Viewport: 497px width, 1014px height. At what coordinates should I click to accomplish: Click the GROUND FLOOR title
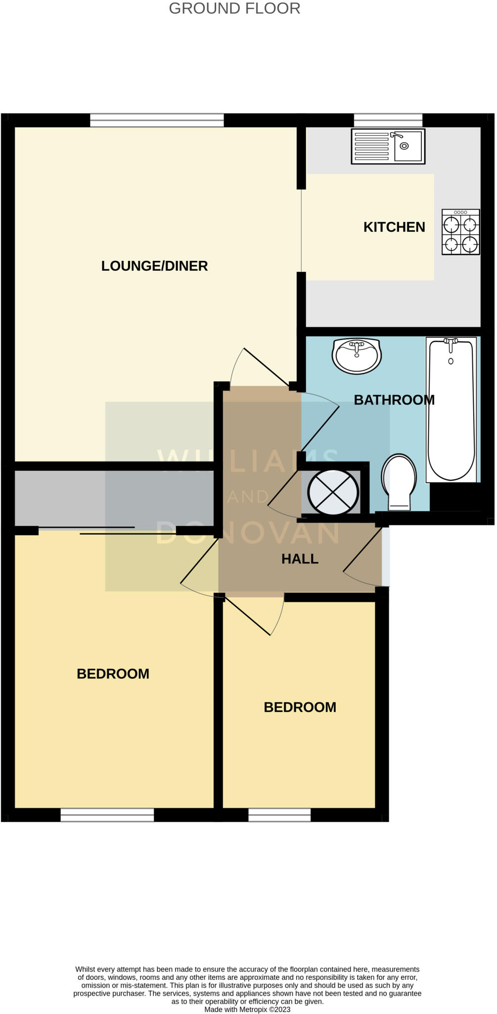point(234,8)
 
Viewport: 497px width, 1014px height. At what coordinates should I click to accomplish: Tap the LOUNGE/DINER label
point(154,266)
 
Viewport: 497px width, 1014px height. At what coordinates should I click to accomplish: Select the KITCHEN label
point(394,227)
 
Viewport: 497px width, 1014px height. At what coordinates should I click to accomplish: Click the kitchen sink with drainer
point(388,146)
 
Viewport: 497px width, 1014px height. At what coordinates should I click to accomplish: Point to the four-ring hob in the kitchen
point(460,232)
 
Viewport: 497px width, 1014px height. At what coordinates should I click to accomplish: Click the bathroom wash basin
point(356,355)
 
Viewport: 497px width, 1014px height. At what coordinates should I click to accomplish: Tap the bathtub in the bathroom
point(451,409)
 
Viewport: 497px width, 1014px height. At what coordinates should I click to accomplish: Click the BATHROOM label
point(394,400)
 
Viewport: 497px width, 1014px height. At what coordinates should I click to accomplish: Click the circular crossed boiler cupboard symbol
point(333,492)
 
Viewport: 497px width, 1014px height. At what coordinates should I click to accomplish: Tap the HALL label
point(300,559)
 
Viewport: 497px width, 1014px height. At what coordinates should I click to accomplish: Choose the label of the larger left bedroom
point(113,674)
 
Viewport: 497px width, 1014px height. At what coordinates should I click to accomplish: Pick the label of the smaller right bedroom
point(300,708)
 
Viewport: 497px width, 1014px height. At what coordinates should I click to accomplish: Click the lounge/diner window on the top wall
point(157,120)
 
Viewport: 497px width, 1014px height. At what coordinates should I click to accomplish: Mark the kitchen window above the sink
point(388,120)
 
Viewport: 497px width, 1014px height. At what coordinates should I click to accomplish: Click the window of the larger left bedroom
point(107,814)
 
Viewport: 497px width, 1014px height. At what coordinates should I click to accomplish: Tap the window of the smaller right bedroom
point(279,814)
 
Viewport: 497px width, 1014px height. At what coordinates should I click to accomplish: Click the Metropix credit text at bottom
point(247,1009)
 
